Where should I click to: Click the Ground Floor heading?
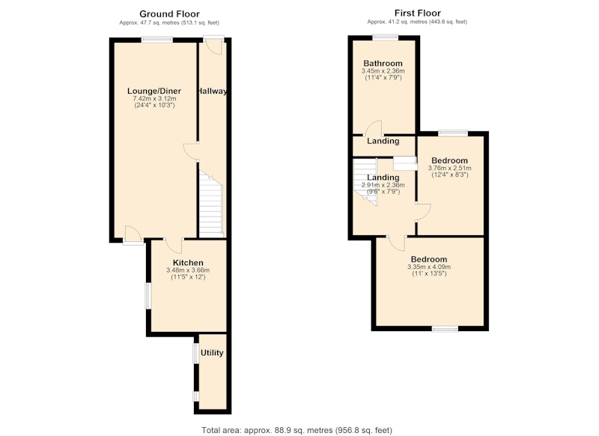(169, 14)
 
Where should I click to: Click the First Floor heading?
(418, 13)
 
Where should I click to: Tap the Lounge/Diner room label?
(154, 91)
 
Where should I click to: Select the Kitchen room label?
(188, 263)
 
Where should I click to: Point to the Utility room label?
(212, 353)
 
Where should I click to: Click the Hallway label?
(212, 91)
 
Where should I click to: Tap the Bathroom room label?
(383, 64)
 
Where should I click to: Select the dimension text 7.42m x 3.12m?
(154, 99)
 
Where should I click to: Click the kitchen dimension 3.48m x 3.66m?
(188, 270)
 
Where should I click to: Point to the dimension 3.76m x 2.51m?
(450, 168)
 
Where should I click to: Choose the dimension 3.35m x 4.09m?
(429, 267)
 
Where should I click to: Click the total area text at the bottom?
(297, 430)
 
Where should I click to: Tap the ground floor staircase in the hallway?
(210, 205)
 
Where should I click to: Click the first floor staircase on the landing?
(365, 181)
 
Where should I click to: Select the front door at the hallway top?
(213, 46)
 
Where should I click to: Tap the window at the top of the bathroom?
(386, 37)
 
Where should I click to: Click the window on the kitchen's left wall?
(148, 295)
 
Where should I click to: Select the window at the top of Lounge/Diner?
(157, 39)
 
